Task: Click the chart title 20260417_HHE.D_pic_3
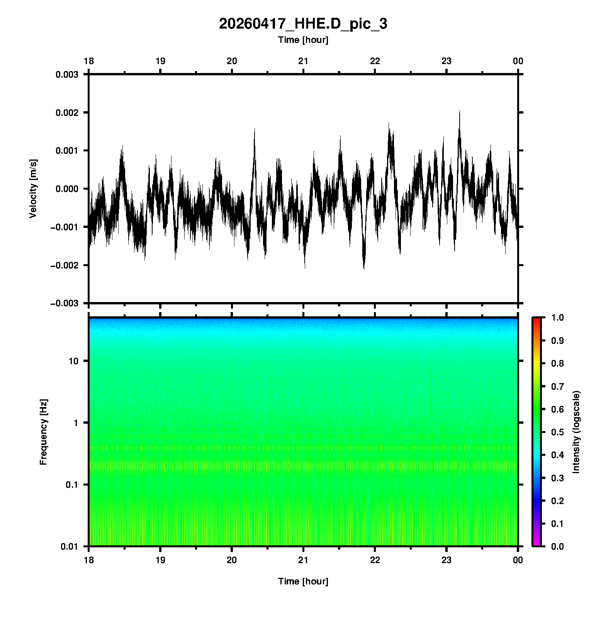click(303, 24)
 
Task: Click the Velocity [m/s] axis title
click(33, 188)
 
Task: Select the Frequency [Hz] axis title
click(43, 432)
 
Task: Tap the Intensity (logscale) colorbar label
click(576, 432)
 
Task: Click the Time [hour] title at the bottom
click(303, 581)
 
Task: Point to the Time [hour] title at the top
click(303, 40)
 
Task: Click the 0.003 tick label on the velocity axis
click(67, 74)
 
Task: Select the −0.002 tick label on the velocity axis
click(64, 265)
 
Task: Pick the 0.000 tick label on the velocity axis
click(67, 189)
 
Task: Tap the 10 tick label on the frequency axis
click(73, 361)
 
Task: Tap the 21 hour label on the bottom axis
click(303, 560)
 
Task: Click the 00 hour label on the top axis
click(518, 61)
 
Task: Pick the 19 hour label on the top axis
click(160, 61)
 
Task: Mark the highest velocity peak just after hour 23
click(460, 111)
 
